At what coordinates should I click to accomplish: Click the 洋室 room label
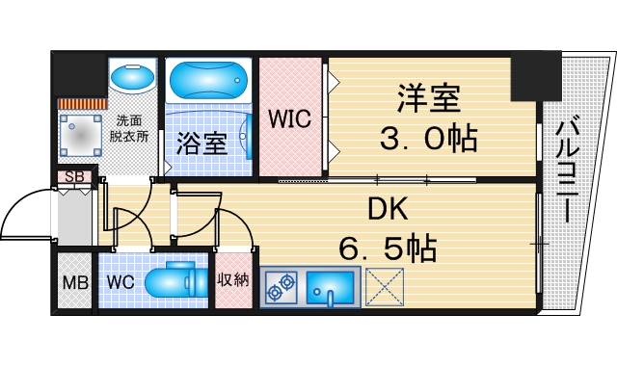(430, 99)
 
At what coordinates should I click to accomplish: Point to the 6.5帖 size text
(388, 249)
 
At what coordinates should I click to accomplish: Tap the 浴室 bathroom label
(201, 144)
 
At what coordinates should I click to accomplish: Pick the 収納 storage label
(233, 280)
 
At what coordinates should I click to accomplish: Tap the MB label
(74, 282)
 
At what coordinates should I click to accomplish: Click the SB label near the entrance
(72, 177)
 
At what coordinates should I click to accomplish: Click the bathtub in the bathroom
(207, 79)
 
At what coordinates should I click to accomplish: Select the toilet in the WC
(177, 281)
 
